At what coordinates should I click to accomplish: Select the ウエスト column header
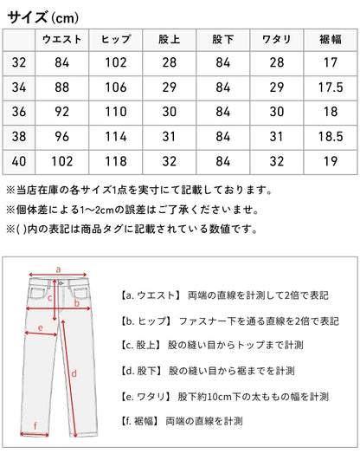coord(61,39)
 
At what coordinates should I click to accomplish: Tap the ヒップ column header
coord(116,39)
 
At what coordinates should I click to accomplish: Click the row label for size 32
coord(19,62)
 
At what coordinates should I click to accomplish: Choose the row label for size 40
coord(19,161)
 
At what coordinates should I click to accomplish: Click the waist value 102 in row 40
coord(61,161)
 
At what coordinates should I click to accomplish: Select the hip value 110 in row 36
coord(116,112)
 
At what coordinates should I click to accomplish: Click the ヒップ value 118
coord(116,161)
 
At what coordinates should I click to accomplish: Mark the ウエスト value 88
coord(61,87)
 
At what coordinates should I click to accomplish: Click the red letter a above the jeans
coord(58,269)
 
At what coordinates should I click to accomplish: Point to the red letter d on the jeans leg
coord(74,374)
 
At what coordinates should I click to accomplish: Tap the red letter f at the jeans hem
coord(35,425)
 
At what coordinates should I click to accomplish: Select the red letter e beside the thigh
coord(41,327)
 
